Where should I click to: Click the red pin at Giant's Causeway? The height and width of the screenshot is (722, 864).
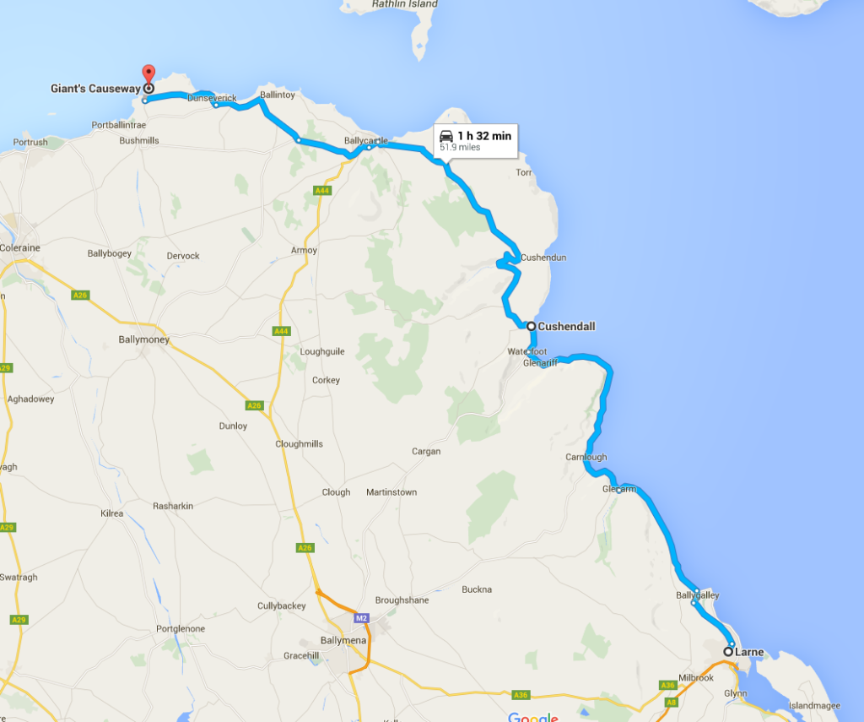148,74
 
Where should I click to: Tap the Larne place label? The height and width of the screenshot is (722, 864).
748,652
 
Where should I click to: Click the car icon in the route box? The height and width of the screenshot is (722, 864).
446,136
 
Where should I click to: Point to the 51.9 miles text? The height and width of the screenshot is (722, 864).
458,148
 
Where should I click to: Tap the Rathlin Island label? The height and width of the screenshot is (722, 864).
404,4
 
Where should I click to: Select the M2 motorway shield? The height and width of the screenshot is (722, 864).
362,619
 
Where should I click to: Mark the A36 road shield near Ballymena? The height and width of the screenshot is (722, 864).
521,695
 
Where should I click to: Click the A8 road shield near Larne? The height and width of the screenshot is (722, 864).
672,702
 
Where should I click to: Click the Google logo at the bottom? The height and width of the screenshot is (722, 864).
532,718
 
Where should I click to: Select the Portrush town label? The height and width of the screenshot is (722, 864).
30,143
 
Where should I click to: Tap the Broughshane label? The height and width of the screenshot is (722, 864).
402,600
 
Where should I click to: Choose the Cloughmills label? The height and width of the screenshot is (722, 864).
300,444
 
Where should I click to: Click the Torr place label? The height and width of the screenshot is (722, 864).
524,173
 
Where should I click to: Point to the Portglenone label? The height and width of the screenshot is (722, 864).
181,629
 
